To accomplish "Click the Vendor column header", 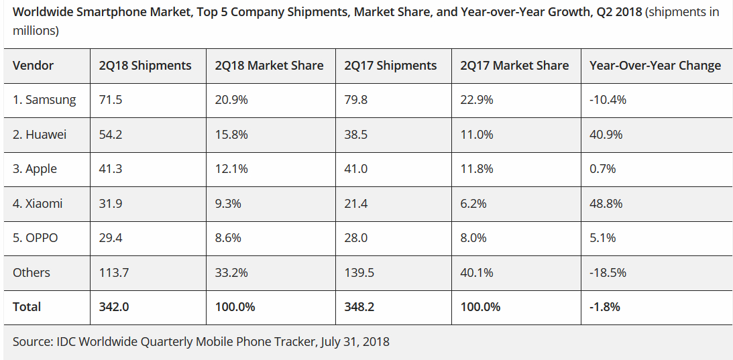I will [x=33, y=66].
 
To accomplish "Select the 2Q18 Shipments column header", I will [x=145, y=66].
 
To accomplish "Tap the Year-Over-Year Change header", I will [x=655, y=66].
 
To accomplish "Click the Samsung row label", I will [x=44, y=100].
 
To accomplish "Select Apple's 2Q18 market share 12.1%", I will [x=231, y=169].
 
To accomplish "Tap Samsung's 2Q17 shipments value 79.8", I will [x=356, y=100].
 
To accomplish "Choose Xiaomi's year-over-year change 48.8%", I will [x=606, y=204].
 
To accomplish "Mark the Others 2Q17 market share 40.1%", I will [x=477, y=273].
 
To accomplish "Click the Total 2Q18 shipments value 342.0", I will [x=113, y=307].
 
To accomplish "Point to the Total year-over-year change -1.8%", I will [x=605, y=307].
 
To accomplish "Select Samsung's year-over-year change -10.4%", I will [x=608, y=100].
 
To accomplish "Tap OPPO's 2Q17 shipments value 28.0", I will [x=356, y=238].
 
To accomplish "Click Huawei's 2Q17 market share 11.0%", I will [x=477, y=135].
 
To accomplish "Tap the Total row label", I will [x=27, y=307].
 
